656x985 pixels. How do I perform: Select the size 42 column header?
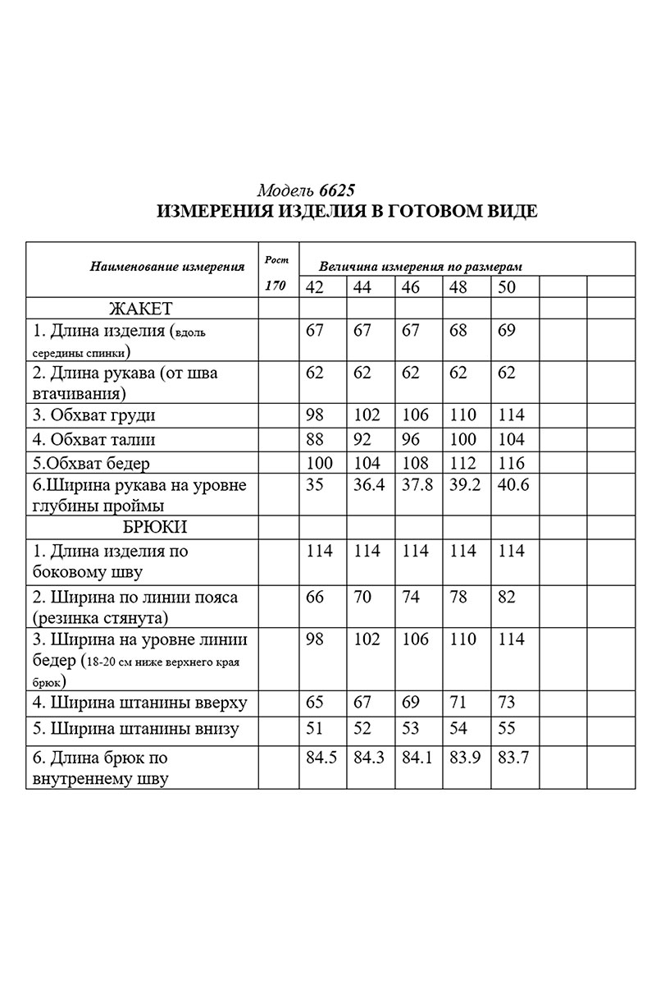coord(315,287)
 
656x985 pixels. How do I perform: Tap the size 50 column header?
coord(507,287)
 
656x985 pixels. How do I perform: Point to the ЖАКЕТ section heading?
coord(141,309)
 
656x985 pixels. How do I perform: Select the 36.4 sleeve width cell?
coord(366,485)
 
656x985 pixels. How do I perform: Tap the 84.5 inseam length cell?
coord(321,758)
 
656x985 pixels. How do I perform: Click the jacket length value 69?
coord(507,332)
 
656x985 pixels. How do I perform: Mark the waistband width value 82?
coord(507,597)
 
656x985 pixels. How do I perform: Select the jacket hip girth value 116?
coord(511,463)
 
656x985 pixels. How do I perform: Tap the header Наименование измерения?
coord(168,266)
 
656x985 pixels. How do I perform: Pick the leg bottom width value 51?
coord(315,729)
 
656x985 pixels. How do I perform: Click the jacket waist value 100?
coord(465,439)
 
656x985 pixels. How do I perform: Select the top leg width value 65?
coord(315,703)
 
